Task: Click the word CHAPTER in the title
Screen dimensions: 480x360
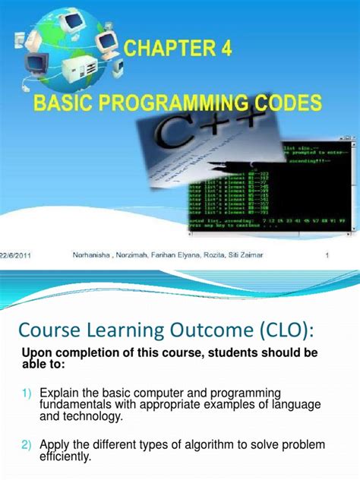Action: (x=173, y=50)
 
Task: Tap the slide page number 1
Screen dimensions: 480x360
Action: (x=327, y=256)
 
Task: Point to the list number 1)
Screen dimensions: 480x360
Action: (x=27, y=392)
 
